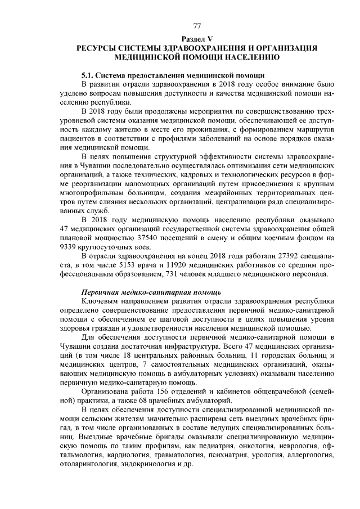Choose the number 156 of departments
(159, 391)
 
